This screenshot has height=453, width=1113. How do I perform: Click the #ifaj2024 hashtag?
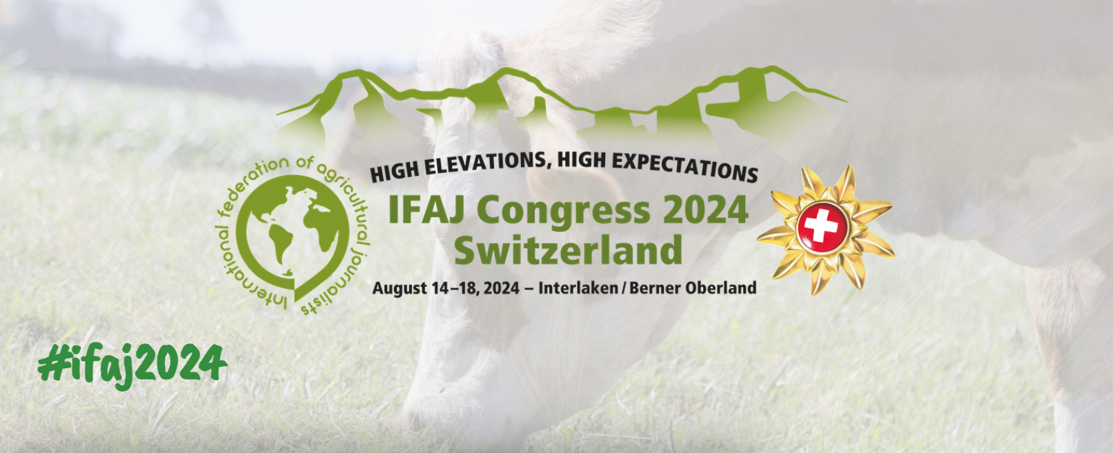tap(132, 364)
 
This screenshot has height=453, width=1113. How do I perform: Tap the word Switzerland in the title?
tap(568, 250)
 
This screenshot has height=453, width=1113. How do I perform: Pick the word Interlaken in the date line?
tap(578, 288)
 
